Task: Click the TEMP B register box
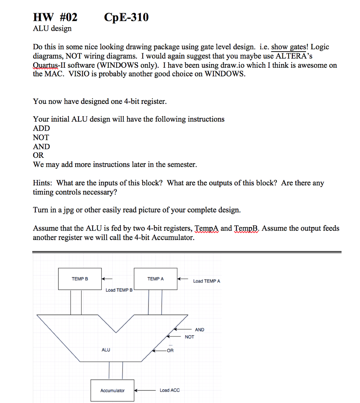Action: point(80,279)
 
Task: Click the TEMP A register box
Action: point(156,279)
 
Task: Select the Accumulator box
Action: point(112,390)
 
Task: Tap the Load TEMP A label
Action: point(207,281)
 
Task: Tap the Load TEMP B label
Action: point(119,290)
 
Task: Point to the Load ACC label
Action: point(169,390)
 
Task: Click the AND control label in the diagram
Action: point(200,330)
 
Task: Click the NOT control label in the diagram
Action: point(189,337)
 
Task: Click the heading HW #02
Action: point(55,17)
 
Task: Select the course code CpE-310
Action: point(126,17)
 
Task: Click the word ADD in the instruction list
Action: point(41,128)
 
